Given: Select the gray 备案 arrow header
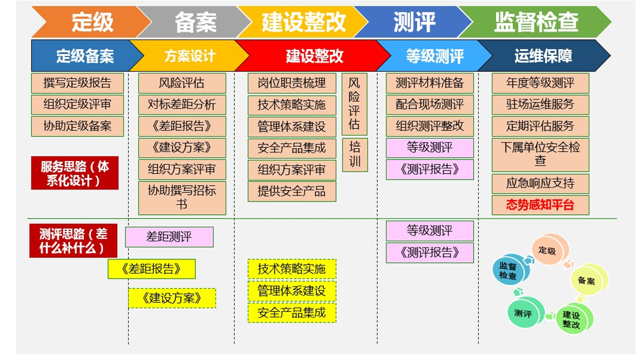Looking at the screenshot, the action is [195, 22].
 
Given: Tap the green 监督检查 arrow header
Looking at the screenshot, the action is [535, 22].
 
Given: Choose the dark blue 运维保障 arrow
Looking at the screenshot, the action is [544, 55].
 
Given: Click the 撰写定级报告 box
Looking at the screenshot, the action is [77, 83].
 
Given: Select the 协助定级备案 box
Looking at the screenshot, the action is [77, 126].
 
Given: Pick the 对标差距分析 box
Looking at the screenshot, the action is [182, 105].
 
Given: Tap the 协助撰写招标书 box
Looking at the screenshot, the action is [182, 198].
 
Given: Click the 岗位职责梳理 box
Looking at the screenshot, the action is [292, 83].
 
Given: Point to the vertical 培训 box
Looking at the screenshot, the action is [355, 155].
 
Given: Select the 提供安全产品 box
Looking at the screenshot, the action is [292, 191].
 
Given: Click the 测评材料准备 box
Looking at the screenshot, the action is [430, 83].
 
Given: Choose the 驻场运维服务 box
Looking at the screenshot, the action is [540, 105].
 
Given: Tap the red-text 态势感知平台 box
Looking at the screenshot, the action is [540, 205].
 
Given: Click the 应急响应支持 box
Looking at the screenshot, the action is [540, 184].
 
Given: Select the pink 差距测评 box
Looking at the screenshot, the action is [169, 237].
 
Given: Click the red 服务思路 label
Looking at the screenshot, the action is [75, 173].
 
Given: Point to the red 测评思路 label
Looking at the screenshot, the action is [73, 241].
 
